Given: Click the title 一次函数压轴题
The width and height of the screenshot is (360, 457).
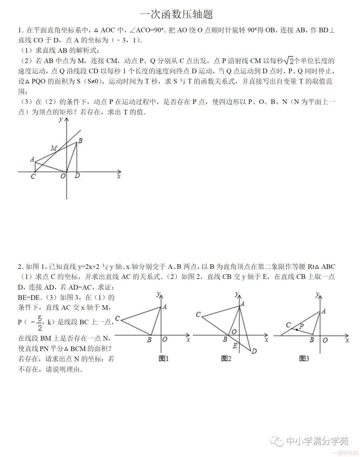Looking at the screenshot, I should pos(177,14).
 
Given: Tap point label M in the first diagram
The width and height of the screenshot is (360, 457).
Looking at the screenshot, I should pos(54,148).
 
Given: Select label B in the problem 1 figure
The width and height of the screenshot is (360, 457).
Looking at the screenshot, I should pos(80,141).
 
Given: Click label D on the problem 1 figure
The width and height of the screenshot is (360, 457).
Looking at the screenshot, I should pos(77,175).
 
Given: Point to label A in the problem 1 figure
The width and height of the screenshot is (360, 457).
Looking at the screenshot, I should pos(32,159).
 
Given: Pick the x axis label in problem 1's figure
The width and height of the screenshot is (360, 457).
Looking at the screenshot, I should pos(119,176).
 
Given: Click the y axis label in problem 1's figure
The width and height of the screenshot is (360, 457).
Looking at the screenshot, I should pos(60,119).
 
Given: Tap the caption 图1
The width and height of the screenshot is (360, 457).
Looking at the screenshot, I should pos(164,359).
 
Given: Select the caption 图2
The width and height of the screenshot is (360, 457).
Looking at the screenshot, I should pos(226,359).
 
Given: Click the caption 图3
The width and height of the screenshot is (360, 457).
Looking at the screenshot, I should pos(304,359).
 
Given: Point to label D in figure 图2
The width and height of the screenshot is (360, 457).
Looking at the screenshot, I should pos(254,351).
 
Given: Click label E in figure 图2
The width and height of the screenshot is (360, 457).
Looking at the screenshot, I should pos(235,346).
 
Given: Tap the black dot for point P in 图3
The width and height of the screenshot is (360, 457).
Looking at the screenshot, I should pos(297,330).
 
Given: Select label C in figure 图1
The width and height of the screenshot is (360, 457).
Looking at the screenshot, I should pos(117,319).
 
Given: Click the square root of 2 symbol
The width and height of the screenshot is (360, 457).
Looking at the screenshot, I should pos(289,61).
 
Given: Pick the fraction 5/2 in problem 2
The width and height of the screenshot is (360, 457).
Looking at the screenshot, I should pos(40,322).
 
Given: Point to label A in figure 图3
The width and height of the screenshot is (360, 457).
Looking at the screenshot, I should pos(324,311).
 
